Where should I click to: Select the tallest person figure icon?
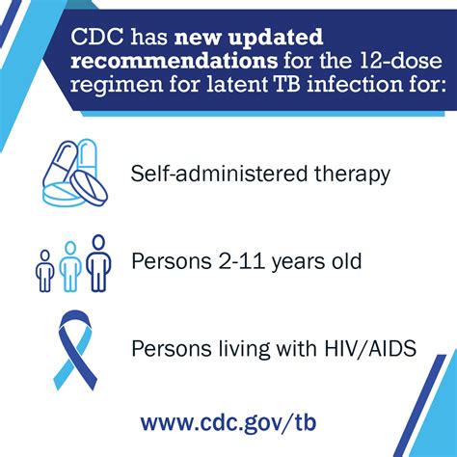click(96, 262)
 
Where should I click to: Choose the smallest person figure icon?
click(43, 271)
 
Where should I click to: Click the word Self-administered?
click(224, 174)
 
